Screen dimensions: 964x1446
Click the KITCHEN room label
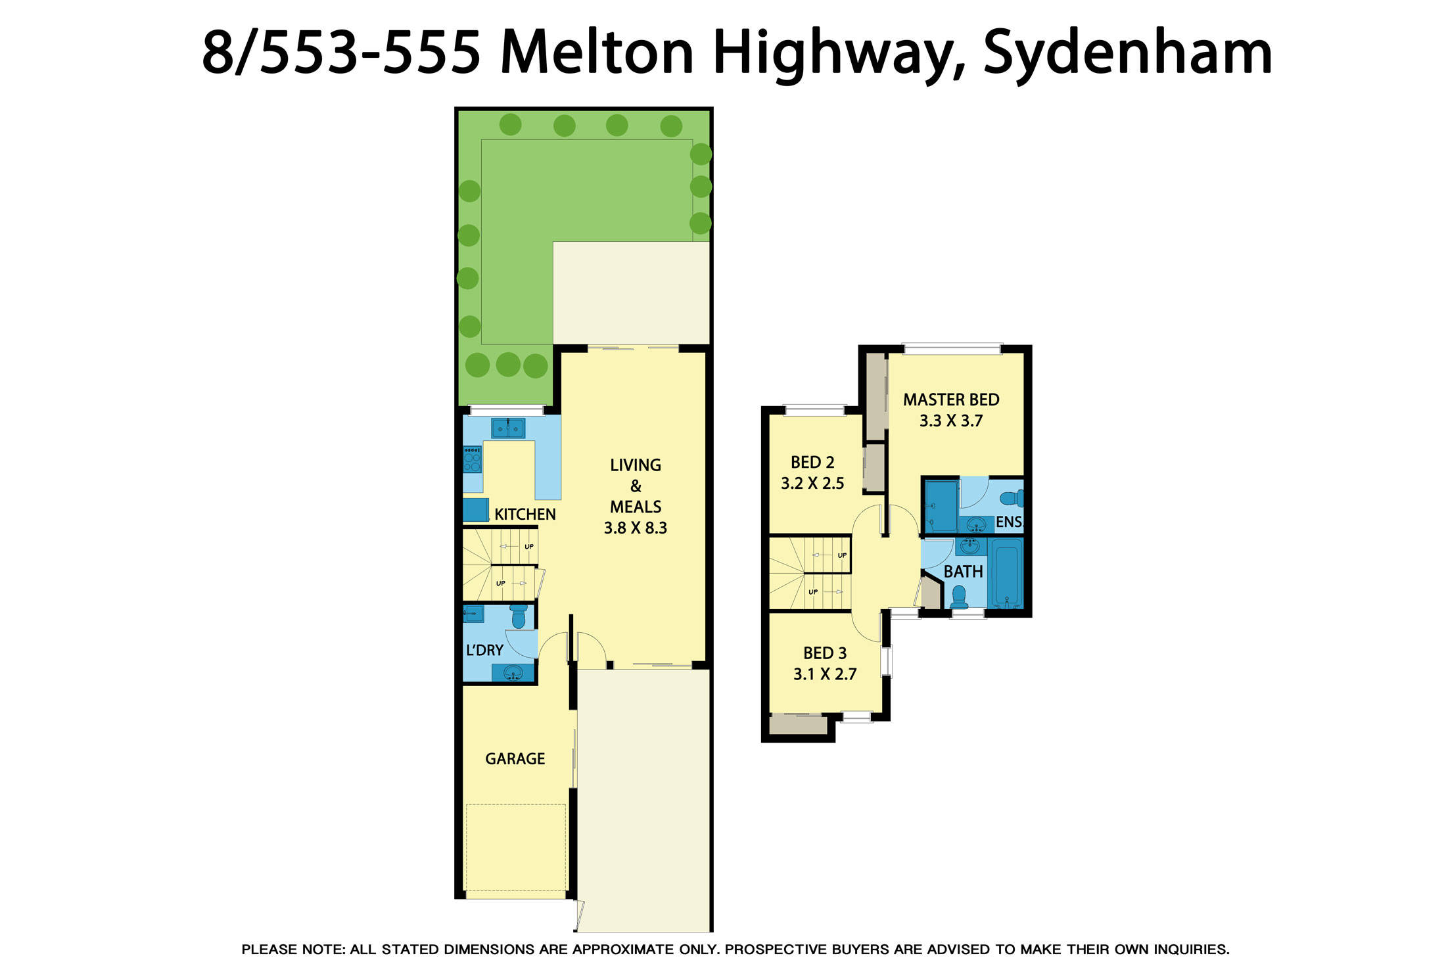click(525, 514)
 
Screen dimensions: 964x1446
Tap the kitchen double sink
click(508, 428)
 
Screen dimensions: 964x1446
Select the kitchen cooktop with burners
click(472, 459)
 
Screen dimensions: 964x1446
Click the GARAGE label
click(515, 759)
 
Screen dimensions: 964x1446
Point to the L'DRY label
click(484, 650)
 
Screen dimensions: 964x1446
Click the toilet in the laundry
click(519, 616)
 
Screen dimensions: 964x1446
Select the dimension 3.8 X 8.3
click(635, 528)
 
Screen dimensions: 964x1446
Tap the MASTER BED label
click(950, 400)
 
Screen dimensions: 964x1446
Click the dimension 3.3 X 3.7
click(950, 421)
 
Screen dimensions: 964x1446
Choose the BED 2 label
click(812, 462)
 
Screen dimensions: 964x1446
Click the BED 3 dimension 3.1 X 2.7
click(824, 674)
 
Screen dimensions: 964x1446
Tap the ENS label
click(1009, 522)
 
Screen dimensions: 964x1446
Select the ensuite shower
click(941, 505)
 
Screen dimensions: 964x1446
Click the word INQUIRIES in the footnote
click(1190, 949)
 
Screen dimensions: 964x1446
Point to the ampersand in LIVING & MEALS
click(635, 486)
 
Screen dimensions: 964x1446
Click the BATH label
click(963, 572)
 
